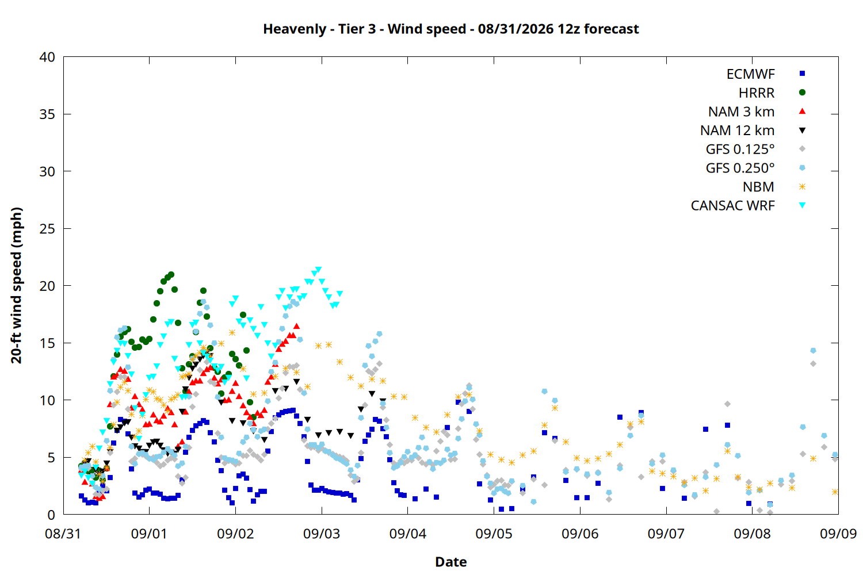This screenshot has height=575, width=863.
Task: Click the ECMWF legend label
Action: click(750, 74)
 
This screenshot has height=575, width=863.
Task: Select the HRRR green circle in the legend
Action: click(802, 93)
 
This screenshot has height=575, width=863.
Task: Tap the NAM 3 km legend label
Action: click(741, 112)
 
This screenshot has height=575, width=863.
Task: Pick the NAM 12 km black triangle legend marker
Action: click(802, 131)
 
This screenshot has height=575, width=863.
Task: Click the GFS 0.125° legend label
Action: click(740, 149)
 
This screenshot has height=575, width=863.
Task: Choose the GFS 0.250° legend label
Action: click(740, 168)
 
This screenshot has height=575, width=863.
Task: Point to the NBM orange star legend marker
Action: click(802, 187)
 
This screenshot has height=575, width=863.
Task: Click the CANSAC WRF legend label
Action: click(733, 206)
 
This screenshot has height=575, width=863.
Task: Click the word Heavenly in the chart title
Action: click(295, 29)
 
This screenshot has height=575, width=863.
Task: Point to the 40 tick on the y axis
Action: click(47, 57)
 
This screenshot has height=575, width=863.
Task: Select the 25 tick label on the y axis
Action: click(47, 229)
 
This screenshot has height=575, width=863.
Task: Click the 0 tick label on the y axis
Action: click(51, 515)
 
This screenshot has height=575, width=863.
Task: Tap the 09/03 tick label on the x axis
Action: click(322, 534)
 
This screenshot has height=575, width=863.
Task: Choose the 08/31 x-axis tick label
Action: click(63, 534)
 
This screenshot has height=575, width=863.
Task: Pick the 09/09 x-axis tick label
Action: click(838, 534)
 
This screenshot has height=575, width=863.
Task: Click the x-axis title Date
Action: click(450, 562)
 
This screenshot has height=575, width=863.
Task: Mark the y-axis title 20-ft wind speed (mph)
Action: click(17, 285)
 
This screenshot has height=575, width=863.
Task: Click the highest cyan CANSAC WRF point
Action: click(318, 270)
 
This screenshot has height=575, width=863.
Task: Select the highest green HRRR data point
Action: click(171, 275)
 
